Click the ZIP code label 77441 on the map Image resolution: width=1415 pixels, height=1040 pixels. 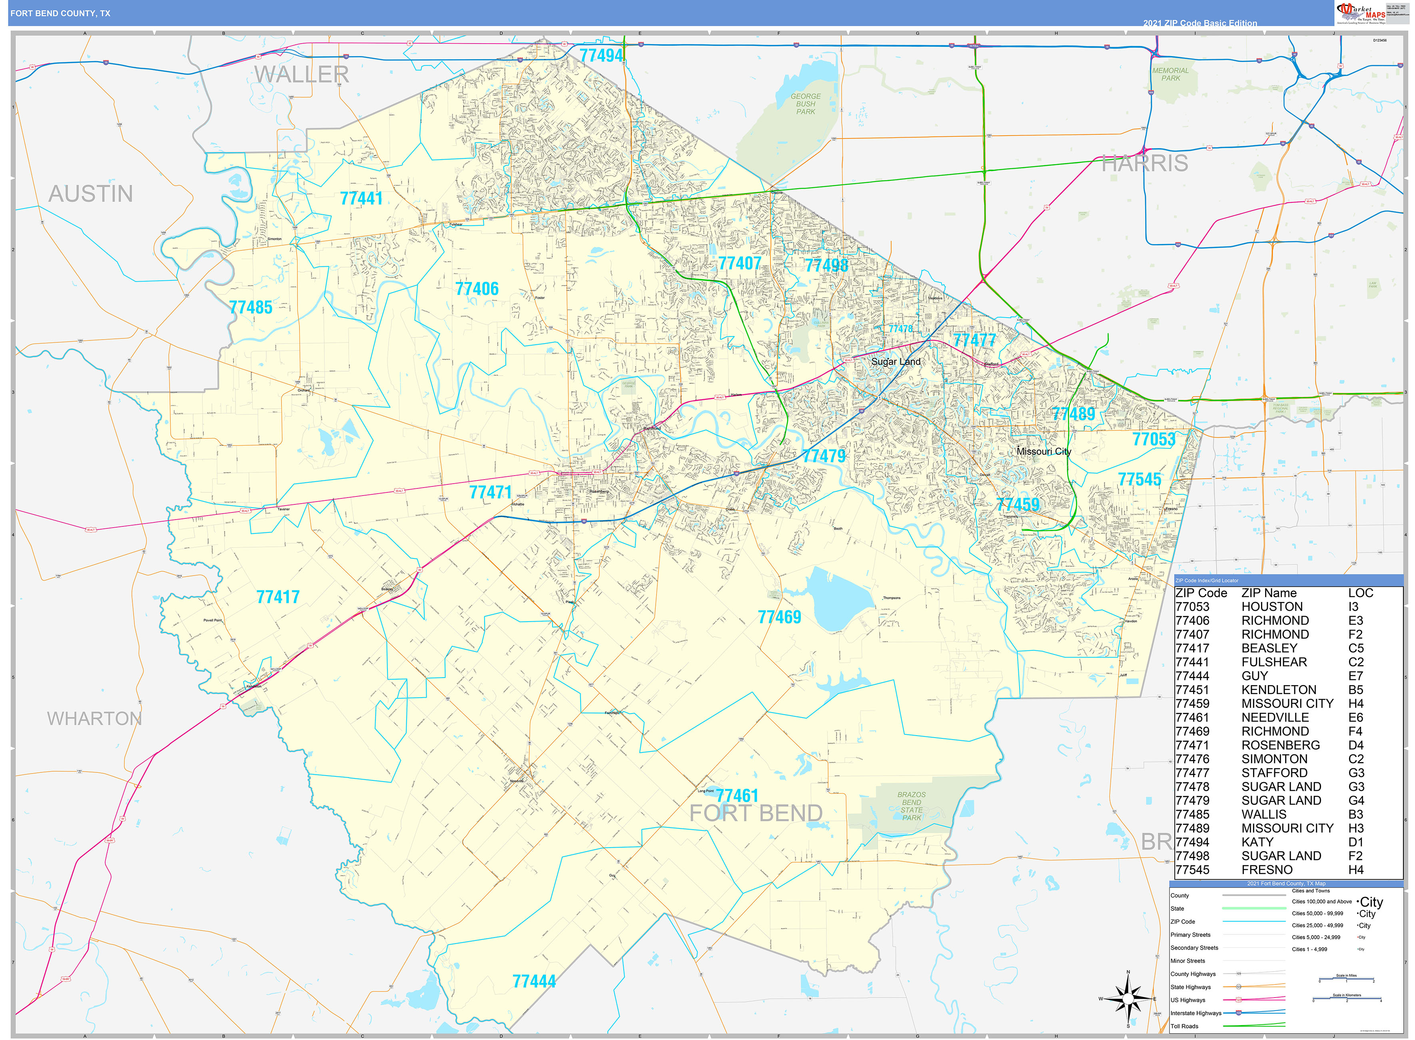click(x=361, y=199)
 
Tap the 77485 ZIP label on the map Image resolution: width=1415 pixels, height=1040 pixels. click(x=250, y=308)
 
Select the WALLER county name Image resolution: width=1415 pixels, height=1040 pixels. click(x=301, y=75)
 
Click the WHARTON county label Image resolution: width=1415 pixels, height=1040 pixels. click(x=94, y=719)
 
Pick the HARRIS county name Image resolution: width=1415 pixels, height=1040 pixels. click(x=1144, y=164)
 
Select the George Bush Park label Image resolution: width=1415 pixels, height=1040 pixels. click(x=805, y=104)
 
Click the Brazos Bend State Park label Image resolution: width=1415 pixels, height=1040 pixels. click(x=911, y=806)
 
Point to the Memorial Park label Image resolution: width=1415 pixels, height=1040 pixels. click(x=1170, y=75)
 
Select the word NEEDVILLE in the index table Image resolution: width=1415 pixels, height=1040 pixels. click(x=1275, y=718)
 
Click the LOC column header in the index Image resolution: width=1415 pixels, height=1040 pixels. click(x=1360, y=594)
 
